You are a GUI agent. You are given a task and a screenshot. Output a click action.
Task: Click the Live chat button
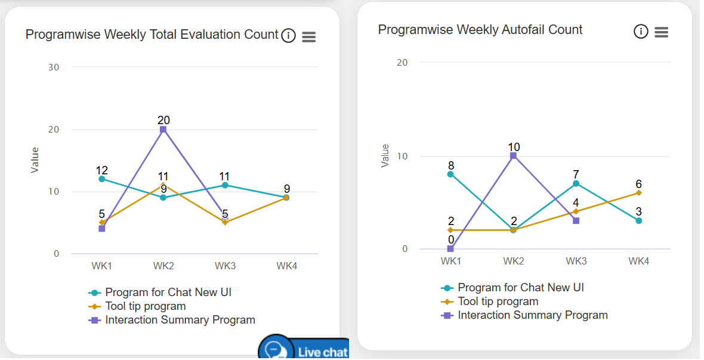tap(304, 349)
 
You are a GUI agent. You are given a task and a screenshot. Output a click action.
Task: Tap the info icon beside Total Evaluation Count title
tap(288, 36)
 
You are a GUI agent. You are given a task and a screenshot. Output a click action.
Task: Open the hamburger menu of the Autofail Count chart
tap(661, 32)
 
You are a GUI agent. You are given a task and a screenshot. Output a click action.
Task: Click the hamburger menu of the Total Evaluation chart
tap(308, 36)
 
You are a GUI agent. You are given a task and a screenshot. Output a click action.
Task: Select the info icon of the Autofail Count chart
tap(641, 32)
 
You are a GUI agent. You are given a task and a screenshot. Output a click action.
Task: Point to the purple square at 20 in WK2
tap(163, 130)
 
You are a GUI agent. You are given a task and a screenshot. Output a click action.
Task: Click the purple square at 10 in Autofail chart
tap(513, 156)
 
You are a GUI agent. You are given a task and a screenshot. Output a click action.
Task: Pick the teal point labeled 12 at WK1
tap(102, 179)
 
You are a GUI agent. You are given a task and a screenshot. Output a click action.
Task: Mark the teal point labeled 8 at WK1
tap(450, 174)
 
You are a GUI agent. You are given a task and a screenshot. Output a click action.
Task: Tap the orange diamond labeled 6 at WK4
tap(638, 193)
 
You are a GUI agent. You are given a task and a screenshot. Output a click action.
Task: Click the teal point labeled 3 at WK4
tap(638, 221)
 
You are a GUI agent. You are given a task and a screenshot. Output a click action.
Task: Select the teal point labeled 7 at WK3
tap(576, 183)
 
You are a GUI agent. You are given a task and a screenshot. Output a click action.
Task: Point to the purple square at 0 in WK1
tap(450, 249)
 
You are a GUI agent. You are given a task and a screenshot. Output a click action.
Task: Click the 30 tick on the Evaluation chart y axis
tap(54, 67)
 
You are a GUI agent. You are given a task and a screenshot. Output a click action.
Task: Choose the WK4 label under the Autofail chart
tap(638, 261)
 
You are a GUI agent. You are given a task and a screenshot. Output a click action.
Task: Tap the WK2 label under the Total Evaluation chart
tap(163, 266)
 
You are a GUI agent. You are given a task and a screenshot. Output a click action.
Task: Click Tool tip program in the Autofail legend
tap(498, 301)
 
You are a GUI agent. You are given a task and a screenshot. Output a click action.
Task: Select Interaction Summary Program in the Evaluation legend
tap(180, 320)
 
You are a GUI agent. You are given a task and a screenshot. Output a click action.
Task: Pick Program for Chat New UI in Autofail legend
tap(520, 288)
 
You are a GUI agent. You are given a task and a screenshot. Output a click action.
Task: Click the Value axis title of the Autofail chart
tap(385, 156)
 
